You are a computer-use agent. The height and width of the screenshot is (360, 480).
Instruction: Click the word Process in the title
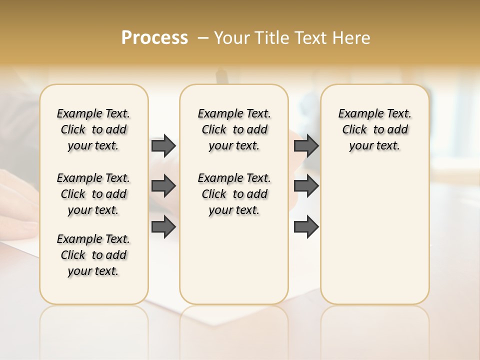click(154, 37)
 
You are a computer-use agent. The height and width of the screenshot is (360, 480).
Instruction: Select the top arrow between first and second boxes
click(163, 145)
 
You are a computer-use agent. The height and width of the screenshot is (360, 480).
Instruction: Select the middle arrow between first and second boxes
click(163, 186)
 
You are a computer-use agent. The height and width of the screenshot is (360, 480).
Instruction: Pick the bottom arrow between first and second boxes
click(163, 227)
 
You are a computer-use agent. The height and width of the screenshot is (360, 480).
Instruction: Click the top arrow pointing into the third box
click(306, 145)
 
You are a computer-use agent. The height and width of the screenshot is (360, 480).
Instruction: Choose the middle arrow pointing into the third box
click(306, 186)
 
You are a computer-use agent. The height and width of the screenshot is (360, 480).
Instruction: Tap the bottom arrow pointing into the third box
click(306, 227)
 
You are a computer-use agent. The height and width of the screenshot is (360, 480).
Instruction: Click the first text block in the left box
click(93, 129)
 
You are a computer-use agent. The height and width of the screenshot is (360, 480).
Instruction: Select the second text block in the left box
click(93, 194)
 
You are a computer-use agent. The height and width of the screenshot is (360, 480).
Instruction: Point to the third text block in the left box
click(93, 255)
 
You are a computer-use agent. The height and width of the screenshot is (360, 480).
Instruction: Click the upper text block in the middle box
click(234, 129)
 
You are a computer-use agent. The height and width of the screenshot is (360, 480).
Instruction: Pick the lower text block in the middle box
click(234, 194)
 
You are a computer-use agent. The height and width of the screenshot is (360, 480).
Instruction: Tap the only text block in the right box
click(374, 129)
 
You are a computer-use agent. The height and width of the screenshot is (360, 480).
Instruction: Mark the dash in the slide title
click(203, 38)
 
